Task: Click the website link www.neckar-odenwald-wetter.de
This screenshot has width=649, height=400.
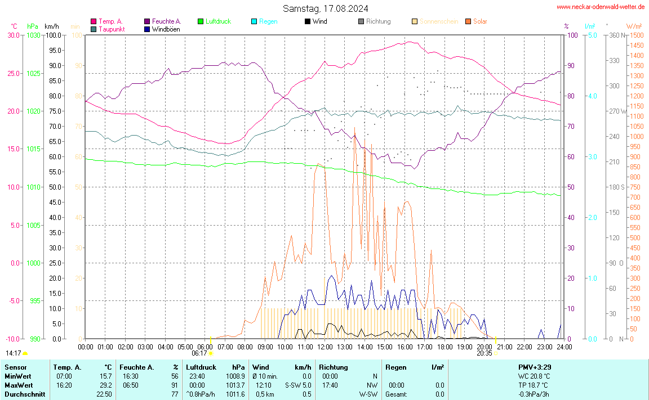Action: [x=601, y=7]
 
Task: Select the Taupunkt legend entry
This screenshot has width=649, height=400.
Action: [x=111, y=29]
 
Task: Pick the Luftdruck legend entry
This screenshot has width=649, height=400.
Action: [x=217, y=21]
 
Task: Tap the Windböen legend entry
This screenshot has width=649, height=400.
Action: [x=166, y=29]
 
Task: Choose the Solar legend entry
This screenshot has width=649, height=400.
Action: [x=480, y=21]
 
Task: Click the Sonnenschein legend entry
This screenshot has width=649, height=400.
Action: [x=438, y=21]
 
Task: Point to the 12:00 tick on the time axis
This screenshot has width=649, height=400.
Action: [x=325, y=347]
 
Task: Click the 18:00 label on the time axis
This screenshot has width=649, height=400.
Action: [x=445, y=347]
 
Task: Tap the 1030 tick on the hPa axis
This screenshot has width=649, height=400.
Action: [x=33, y=35]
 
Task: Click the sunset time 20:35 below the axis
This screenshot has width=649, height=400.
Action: [x=484, y=354]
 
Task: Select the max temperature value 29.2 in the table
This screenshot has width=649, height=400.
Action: [x=105, y=385]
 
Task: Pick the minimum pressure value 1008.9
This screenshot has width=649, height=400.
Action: [x=235, y=376]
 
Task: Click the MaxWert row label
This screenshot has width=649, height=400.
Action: [x=18, y=385]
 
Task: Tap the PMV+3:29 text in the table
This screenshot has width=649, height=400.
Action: [x=534, y=367]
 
